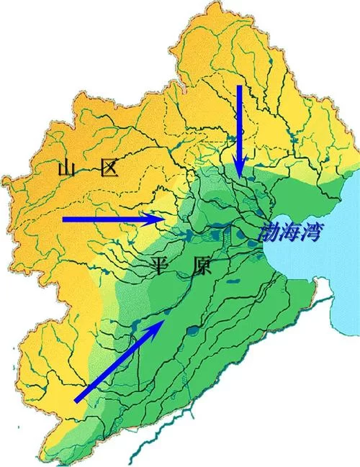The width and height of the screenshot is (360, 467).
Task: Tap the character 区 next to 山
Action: [x=111, y=170]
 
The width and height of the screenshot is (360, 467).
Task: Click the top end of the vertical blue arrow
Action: [x=240, y=86]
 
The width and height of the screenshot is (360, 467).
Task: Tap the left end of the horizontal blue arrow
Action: [x=63, y=218]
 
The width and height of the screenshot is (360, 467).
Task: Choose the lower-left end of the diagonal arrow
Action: [x=76, y=400]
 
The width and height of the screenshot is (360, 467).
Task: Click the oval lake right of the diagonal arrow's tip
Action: [x=193, y=332]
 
